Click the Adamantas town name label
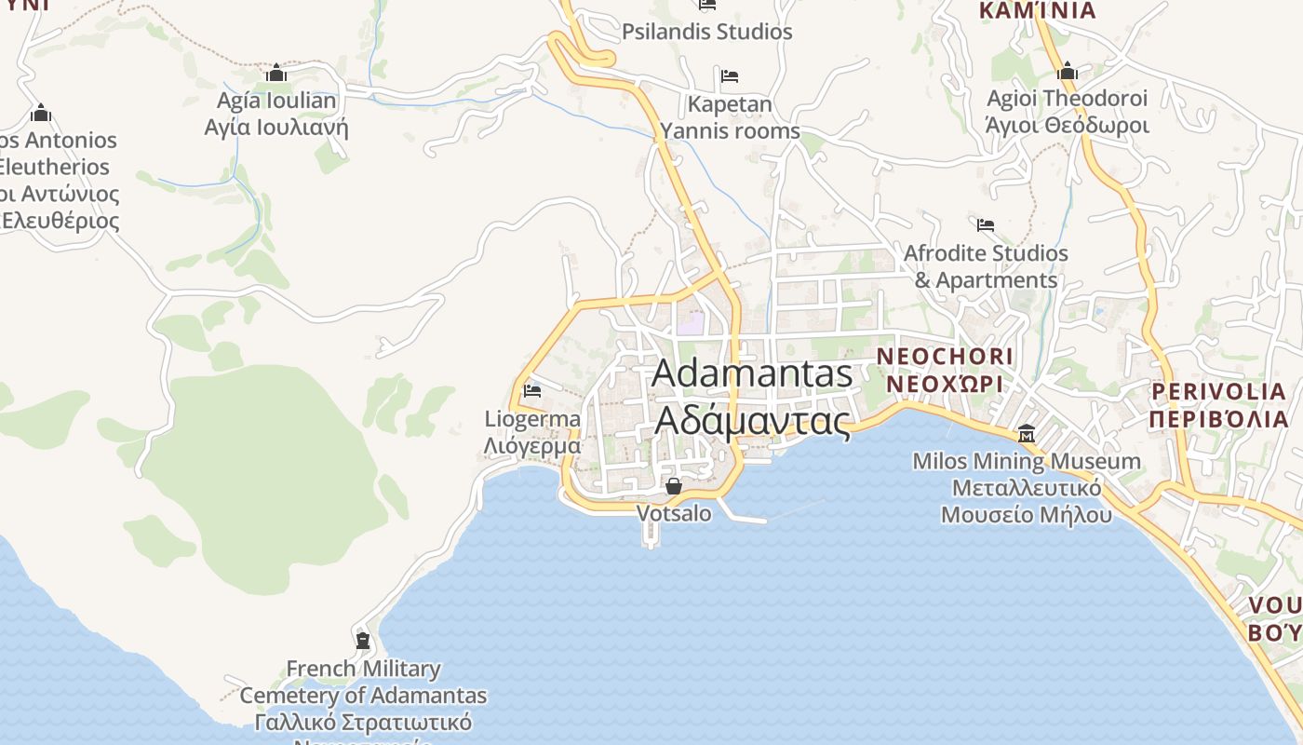point(752,373)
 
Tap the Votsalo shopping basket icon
point(674,486)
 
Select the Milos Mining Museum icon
point(1027,434)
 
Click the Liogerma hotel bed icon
point(532,390)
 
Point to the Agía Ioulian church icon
point(275,73)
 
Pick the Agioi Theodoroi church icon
point(1068,71)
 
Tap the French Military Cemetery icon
point(363,640)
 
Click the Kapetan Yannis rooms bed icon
point(730,75)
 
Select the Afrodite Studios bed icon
point(986,224)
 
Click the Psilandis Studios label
point(707,32)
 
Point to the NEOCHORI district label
point(945,357)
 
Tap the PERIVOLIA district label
point(1218,391)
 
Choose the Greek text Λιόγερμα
point(532,446)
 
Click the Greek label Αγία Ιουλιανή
point(276,127)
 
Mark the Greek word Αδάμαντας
point(753,421)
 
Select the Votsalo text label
point(674,513)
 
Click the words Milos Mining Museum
point(1027,461)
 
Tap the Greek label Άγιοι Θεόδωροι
point(1068,125)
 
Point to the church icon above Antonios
point(40,114)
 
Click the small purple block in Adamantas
point(691,325)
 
